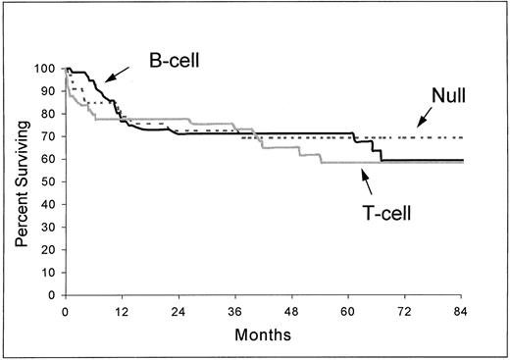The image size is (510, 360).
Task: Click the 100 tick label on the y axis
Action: tap(47, 69)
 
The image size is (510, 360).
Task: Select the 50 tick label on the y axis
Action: tap(50, 182)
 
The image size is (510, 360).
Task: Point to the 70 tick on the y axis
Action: tap(50, 137)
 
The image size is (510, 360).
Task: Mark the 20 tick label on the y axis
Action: tap(50, 250)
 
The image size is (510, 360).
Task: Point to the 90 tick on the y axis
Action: tap(50, 91)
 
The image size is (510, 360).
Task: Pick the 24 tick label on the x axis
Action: tap(178, 311)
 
